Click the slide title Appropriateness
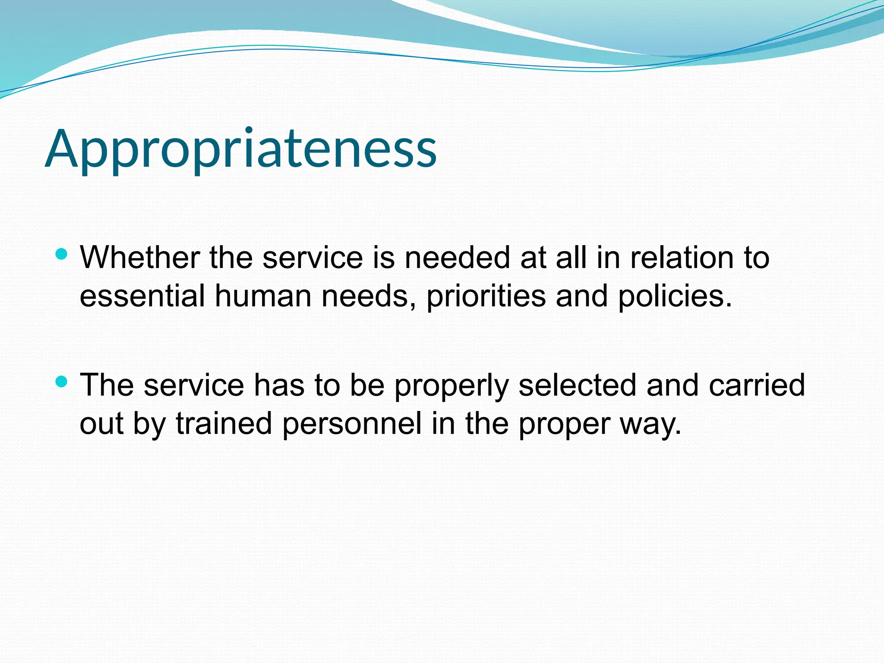point(241,149)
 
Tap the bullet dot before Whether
point(62,254)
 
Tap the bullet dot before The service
point(62,382)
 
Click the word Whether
point(139,258)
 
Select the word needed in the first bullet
point(457,258)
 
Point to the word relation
point(682,258)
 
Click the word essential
point(142,296)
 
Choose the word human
point(263,296)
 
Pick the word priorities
point(486,296)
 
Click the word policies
point(675,296)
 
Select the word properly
point(451,385)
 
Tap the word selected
point(577,385)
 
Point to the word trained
point(224,423)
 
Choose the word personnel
point(352,423)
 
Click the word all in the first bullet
point(571,258)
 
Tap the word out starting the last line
point(101,423)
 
